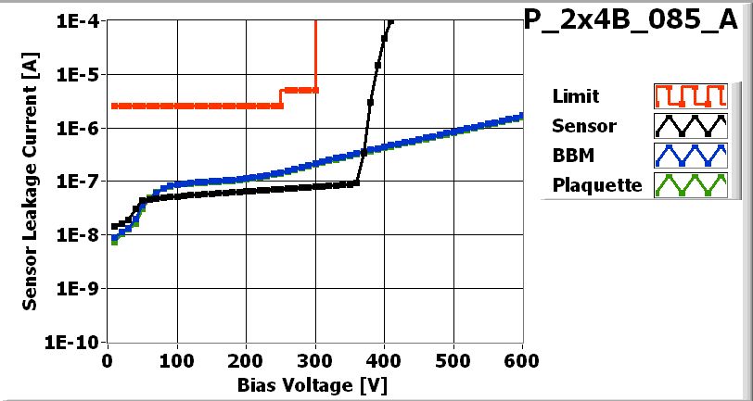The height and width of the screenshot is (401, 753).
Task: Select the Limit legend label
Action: [575, 96]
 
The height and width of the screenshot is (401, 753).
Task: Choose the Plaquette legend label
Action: [597, 185]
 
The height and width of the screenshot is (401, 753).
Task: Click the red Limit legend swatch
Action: [687, 96]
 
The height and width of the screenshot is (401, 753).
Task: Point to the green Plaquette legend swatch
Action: [687, 185]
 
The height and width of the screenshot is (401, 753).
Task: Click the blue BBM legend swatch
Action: [687, 156]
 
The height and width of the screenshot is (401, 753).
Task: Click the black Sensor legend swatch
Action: [687, 126]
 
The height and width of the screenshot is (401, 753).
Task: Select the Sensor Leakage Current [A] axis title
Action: [31, 182]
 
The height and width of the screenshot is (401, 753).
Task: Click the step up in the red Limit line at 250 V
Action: [281, 97]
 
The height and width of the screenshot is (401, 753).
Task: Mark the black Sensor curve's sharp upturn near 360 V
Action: [357, 182]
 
